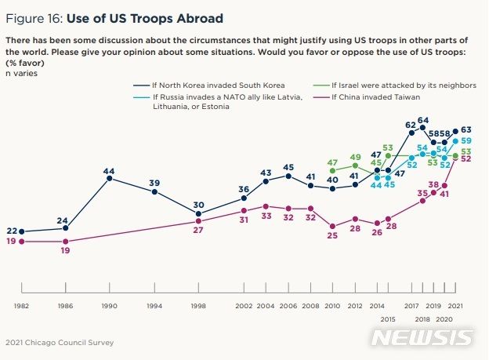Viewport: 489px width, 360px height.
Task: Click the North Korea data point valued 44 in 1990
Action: (110, 179)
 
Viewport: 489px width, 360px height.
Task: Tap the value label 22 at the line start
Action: (11, 231)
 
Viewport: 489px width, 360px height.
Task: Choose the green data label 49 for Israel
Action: (355, 157)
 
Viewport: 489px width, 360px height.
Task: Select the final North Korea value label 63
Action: (465, 130)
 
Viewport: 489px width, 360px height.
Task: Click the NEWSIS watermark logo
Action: (422, 337)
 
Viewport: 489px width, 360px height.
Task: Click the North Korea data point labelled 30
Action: (199, 213)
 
